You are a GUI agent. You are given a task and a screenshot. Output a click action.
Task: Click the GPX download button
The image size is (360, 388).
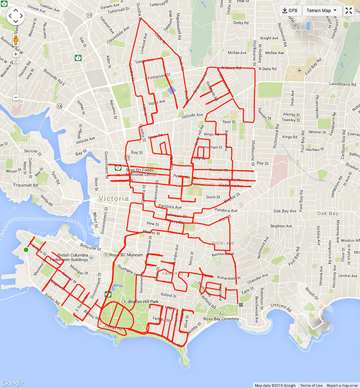(x=290, y=10)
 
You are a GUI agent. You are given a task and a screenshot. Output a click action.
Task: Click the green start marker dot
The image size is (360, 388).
(x=26, y=250)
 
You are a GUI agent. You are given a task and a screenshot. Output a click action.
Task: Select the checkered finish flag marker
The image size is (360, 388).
(x=240, y=306)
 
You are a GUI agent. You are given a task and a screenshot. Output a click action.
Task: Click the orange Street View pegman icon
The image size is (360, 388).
(x=15, y=41)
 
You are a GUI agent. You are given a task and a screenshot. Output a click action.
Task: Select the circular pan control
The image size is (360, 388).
(x=15, y=16)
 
